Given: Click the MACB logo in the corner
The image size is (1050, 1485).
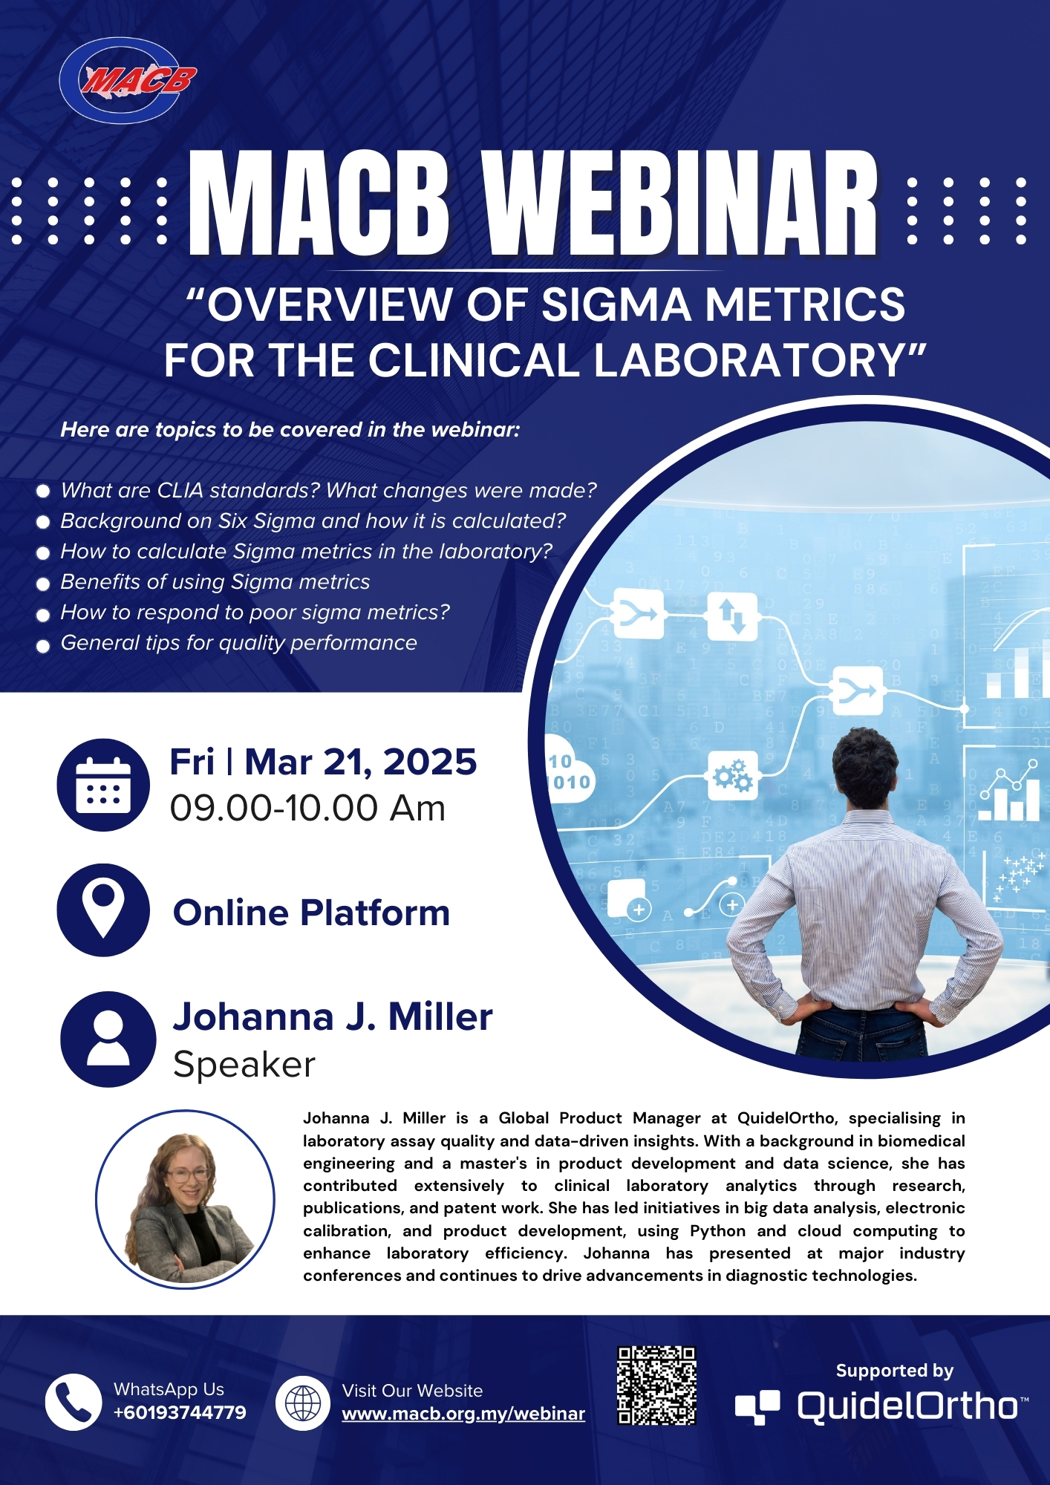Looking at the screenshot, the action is click(127, 79).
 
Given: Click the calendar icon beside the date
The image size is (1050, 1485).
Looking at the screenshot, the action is click(103, 785).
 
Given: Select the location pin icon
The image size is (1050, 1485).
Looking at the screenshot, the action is click(103, 910).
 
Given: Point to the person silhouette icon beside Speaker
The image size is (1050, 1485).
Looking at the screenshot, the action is click(108, 1039).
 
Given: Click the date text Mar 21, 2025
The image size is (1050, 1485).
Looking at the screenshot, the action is click(360, 762).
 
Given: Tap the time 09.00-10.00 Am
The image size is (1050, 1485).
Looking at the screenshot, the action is click(307, 808).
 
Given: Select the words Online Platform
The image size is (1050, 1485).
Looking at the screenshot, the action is click(311, 913).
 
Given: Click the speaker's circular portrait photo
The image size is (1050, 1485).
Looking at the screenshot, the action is click(185, 1199).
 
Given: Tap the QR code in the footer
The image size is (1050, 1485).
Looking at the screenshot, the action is click(656, 1386).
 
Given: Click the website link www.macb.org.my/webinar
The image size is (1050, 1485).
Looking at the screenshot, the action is click(463, 1414).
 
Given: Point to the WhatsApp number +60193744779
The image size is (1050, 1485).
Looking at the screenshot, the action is click(180, 1412).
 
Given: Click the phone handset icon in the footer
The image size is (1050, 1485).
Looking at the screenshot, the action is click(74, 1402).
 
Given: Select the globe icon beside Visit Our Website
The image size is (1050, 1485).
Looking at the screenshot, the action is click(304, 1403).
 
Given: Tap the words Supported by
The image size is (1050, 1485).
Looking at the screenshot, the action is click(894, 1371).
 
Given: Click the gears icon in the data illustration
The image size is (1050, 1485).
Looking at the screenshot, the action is click(732, 775).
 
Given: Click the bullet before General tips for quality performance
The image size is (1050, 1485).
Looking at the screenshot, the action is click(43, 646).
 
